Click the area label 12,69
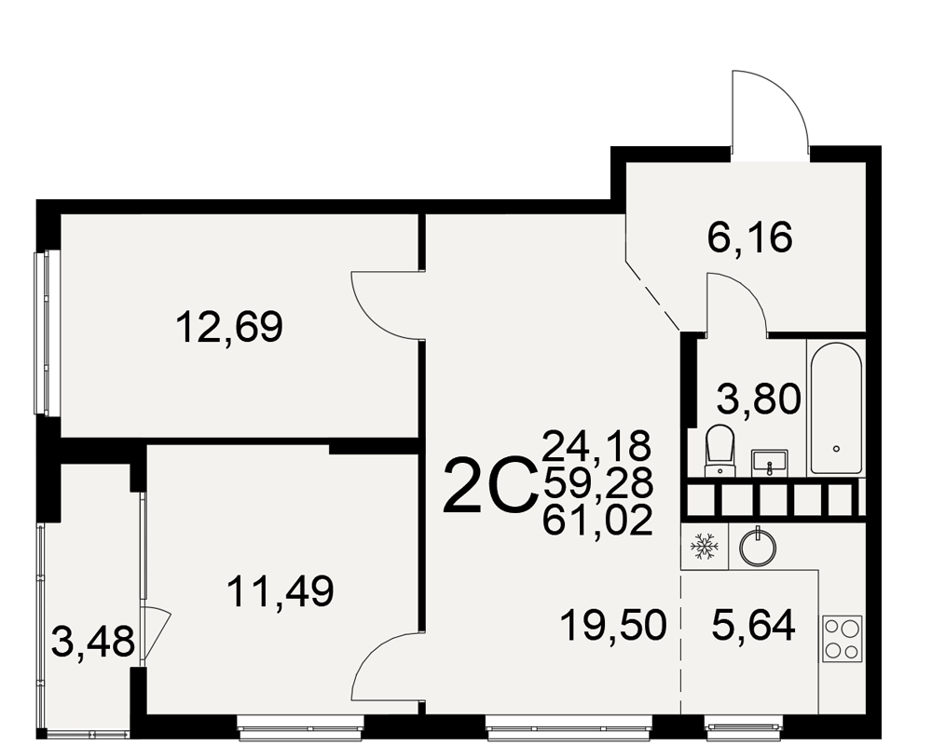229,328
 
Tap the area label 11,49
281,591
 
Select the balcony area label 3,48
93,643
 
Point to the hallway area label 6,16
750,237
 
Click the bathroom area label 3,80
759,399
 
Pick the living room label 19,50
613,626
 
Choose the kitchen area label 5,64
753,626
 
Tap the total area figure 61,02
597,521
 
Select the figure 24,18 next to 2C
597,446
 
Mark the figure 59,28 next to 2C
597,483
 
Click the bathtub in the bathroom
836,408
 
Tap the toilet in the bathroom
720,451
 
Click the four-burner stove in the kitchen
843,639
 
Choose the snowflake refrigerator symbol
705,546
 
